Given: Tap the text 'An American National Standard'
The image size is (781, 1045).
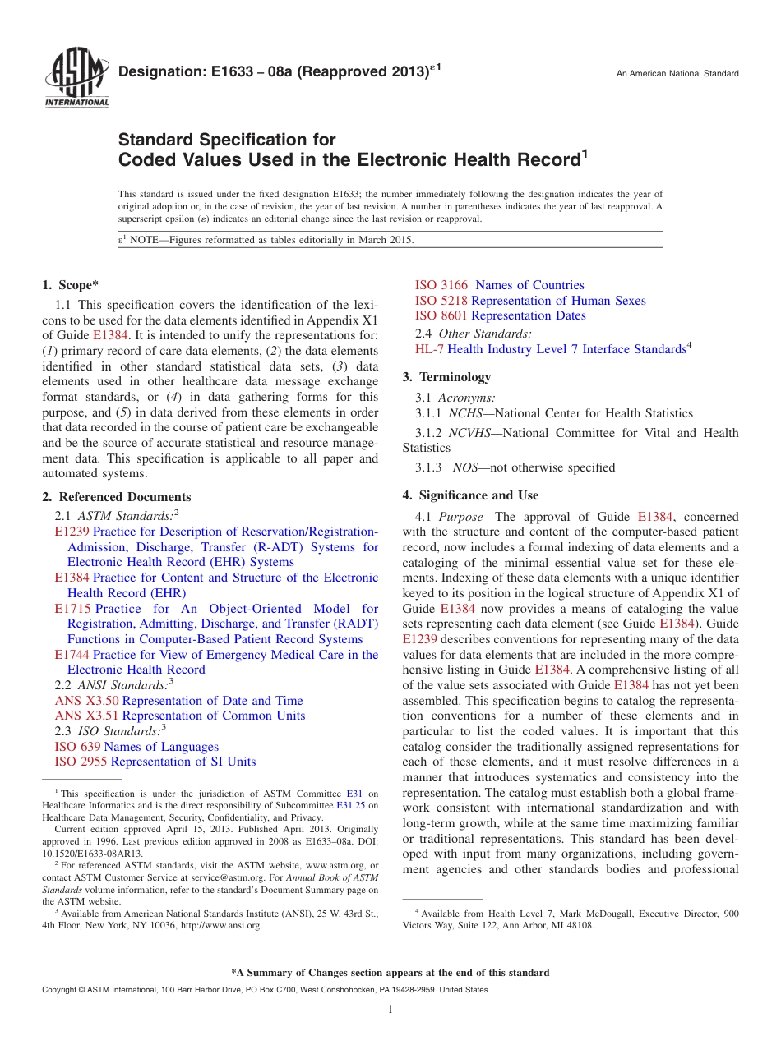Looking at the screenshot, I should pos(677,74).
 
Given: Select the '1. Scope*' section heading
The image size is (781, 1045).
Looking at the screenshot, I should pos(70,285).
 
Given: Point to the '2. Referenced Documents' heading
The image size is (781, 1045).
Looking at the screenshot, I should pos(116,497).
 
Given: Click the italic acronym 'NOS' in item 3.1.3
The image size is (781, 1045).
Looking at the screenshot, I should pos(464,467).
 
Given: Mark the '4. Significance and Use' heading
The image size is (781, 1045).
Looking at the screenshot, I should pos(470,495).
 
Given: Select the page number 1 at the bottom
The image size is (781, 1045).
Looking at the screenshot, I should pos(390,1009).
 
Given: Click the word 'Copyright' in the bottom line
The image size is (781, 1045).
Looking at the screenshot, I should pos(60,990).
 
